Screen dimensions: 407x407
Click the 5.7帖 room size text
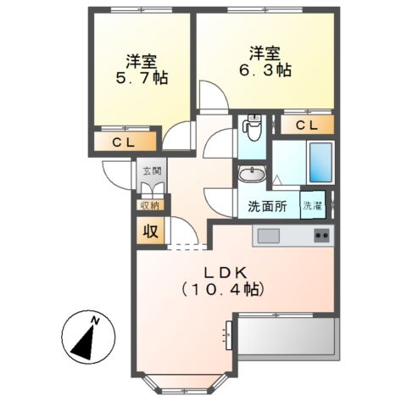point(141,79)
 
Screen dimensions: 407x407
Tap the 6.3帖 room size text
point(265,71)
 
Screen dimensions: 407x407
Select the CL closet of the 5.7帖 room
point(125,142)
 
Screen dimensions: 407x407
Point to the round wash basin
point(251,175)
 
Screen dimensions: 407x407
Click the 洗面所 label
point(266,206)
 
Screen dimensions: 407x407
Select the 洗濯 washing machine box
point(313,206)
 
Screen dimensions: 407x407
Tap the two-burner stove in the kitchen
point(321,235)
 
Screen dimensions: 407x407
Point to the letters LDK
point(224,272)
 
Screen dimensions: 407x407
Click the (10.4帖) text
point(224,289)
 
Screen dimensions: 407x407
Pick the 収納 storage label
point(149,203)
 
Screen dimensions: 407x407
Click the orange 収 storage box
point(149,229)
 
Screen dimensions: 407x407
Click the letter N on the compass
point(96,321)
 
